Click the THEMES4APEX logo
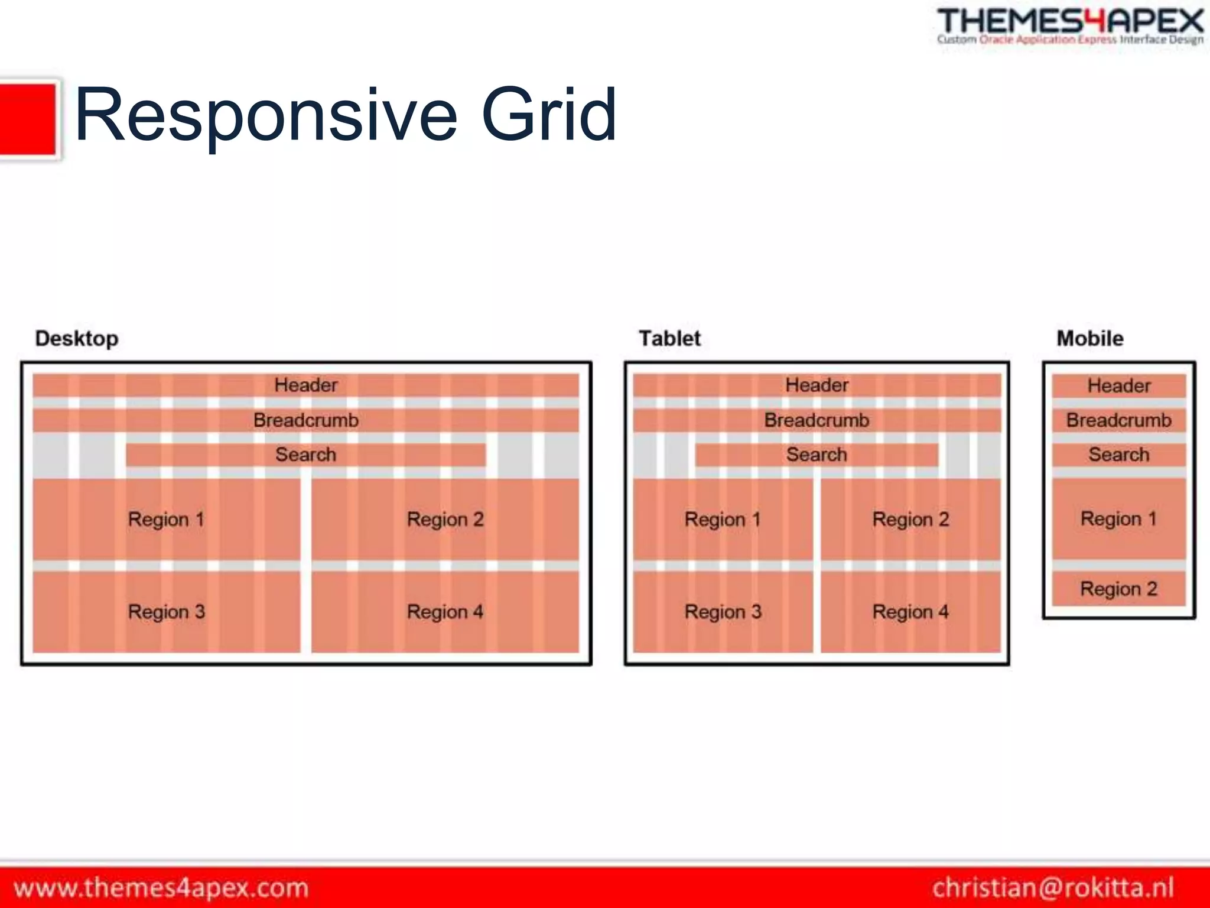1069,27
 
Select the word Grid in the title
549,115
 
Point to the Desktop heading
77,339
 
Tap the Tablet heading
669,339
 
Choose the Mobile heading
1089,339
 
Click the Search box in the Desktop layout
305,455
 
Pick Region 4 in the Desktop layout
445,612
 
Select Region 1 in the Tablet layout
723,520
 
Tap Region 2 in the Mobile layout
1118,589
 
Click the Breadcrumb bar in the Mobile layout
1118,420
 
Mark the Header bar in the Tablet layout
817,385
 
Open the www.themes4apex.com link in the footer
161,888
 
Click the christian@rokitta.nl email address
1053,888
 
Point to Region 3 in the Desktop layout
166,612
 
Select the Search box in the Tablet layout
817,455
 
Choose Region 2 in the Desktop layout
445,520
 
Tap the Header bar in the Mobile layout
1118,386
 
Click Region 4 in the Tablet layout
910,612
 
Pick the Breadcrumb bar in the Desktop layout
305,420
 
